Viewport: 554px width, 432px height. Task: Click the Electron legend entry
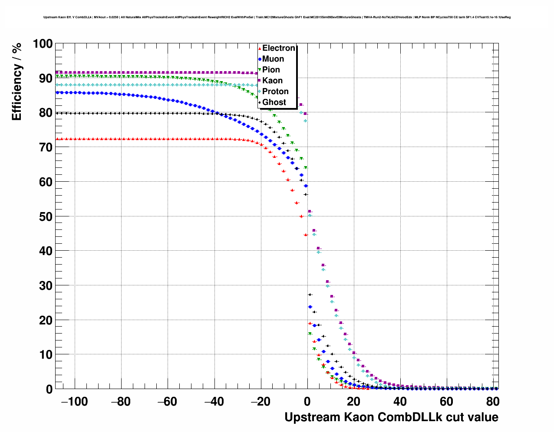[x=278, y=48]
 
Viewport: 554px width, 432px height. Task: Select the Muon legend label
[x=273, y=59]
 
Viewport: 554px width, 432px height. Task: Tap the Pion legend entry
[x=271, y=70]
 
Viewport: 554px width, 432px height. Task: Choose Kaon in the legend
[x=272, y=81]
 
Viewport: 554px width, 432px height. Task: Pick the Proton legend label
[x=275, y=92]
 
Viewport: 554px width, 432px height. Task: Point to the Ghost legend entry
[x=274, y=102]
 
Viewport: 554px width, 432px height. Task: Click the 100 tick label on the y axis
[x=43, y=44]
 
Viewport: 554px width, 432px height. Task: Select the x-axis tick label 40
[x=400, y=402]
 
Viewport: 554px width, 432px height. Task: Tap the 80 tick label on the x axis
[x=493, y=402]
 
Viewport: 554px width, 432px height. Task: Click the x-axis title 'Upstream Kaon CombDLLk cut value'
[x=391, y=417]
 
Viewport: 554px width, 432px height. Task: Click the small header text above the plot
[x=277, y=17]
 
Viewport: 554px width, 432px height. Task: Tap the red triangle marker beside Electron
[x=260, y=49]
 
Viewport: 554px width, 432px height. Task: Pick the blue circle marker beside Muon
[x=260, y=59]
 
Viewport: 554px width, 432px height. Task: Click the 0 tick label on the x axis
[x=307, y=402]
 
